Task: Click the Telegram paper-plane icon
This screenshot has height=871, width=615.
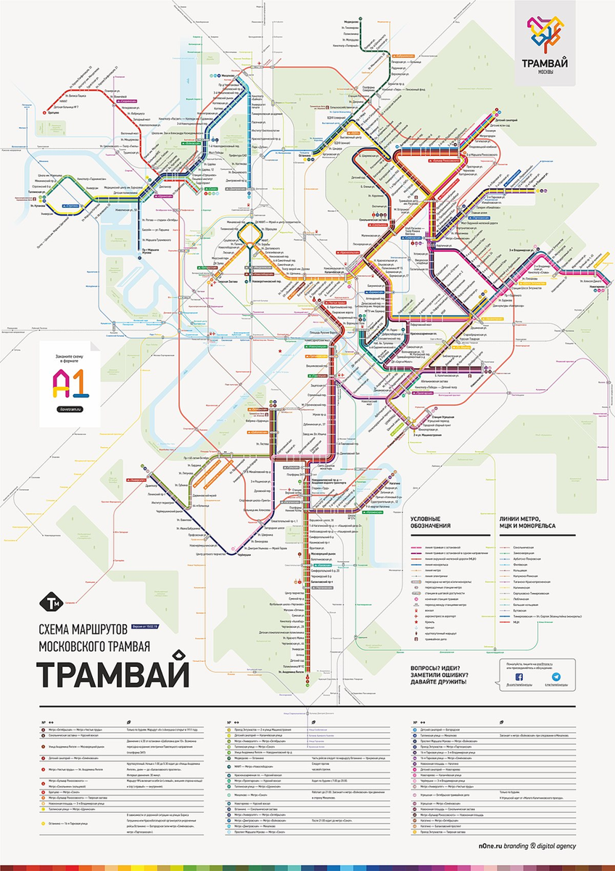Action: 556,676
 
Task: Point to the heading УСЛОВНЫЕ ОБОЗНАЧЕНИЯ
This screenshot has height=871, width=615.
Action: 431,523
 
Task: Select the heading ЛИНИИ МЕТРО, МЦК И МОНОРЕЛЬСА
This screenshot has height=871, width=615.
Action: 527,523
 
